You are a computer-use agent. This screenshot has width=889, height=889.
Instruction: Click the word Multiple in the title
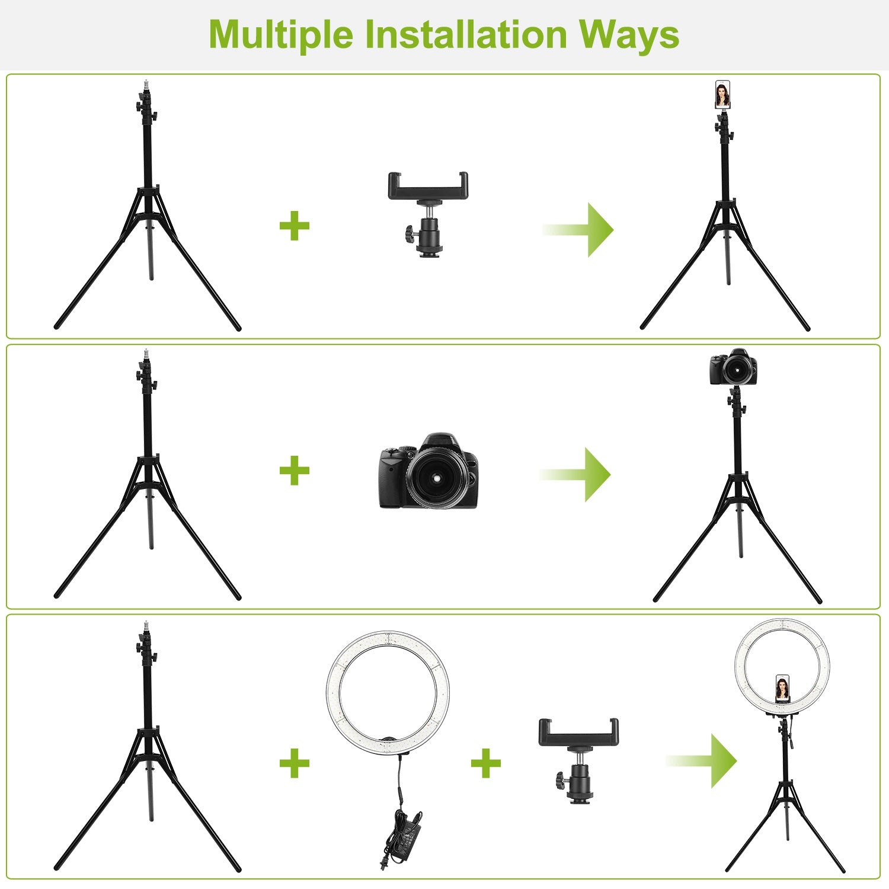point(281,36)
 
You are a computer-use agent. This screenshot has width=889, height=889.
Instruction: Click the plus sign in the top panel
point(295,226)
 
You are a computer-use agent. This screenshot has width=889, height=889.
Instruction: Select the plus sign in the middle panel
point(295,471)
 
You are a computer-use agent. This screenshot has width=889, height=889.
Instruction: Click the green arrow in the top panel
point(578,229)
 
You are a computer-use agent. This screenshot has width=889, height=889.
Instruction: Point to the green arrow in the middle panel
point(575,474)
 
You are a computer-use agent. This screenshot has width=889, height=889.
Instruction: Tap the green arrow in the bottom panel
point(702,761)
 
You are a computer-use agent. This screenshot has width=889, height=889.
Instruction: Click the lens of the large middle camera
point(436,477)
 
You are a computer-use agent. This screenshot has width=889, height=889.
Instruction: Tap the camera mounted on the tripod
point(733,367)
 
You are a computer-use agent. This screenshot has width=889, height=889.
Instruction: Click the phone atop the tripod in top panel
point(722,95)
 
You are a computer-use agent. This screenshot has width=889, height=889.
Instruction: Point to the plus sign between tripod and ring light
point(295,762)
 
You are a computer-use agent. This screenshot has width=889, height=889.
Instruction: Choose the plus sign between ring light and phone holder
point(486,762)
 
